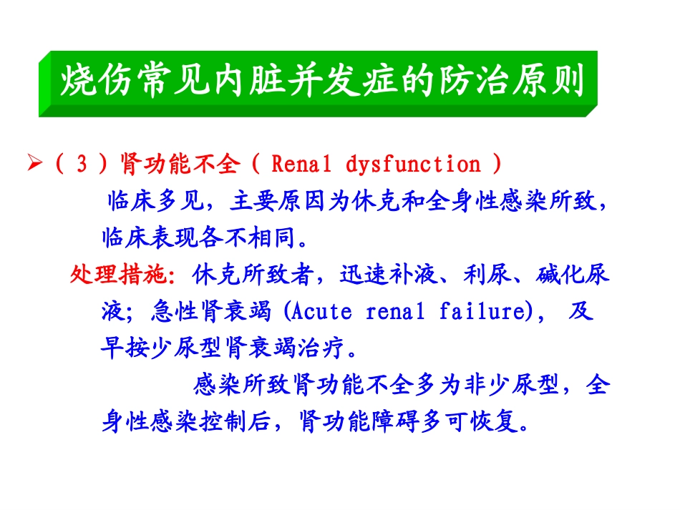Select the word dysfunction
point(413,165)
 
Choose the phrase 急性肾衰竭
point(212,312)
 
